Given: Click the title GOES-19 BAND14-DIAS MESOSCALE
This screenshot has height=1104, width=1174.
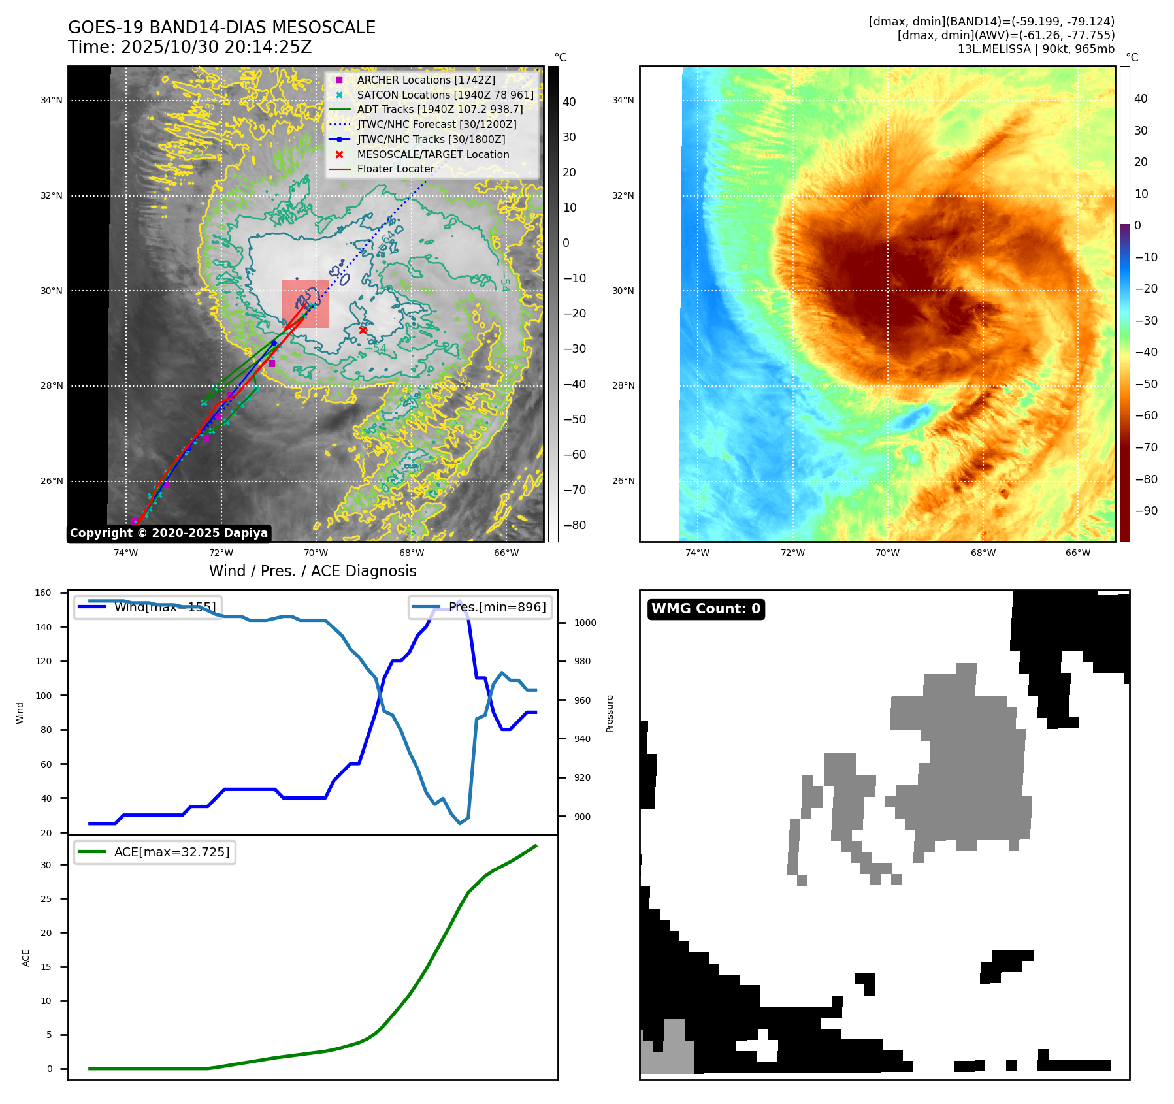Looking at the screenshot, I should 221,27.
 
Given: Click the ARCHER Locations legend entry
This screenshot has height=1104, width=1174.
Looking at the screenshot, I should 426,80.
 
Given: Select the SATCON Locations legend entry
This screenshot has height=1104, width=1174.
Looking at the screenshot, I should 445,95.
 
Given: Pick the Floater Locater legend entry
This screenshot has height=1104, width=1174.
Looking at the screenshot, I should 395,169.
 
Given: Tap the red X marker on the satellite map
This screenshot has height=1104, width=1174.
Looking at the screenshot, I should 363,330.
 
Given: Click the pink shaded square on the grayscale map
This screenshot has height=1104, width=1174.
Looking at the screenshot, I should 305,304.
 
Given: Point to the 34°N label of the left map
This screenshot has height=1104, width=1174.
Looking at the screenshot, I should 52,101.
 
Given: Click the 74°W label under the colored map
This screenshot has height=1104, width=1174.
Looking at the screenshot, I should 697,553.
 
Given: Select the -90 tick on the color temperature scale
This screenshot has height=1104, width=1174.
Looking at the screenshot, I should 1146,511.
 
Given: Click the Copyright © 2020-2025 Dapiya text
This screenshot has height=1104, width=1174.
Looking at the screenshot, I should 169,533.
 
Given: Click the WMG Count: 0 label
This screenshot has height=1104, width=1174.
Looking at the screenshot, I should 706,609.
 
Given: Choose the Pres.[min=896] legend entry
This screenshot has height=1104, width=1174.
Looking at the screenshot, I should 497,607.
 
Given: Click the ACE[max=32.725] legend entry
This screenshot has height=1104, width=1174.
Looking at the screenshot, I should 172,852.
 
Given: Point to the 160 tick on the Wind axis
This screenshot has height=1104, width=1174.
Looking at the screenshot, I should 43,593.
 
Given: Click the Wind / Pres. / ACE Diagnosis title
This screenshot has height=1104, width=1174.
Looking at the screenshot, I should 312,571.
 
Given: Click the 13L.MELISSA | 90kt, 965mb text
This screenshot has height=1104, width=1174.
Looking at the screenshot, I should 1035,49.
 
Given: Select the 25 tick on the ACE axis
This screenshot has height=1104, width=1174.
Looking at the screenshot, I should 46,899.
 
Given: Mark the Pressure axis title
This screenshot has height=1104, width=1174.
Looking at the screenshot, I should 610,713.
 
